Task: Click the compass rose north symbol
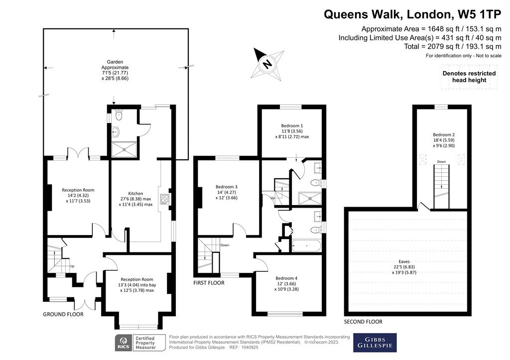click(267, 64)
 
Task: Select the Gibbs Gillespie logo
click(375, 343)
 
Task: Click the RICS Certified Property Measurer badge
click(134, 342)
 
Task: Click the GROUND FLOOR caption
click(63, 314)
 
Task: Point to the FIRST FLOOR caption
click(209, 282)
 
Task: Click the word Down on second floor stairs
click(441, 162)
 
